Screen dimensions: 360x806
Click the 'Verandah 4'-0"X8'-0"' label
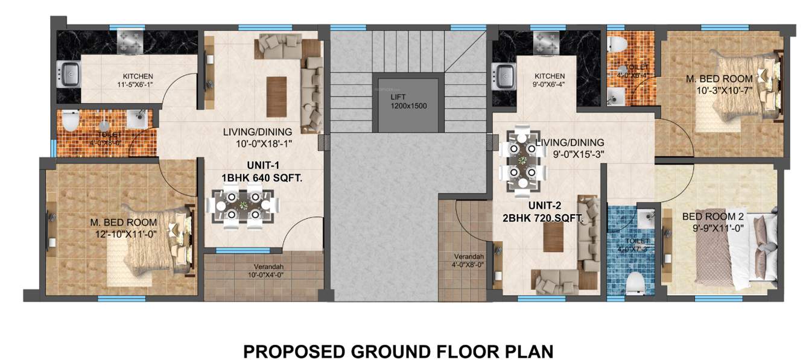(x=468, y=259)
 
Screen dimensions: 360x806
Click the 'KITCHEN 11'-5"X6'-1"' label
(x=138, y=81)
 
